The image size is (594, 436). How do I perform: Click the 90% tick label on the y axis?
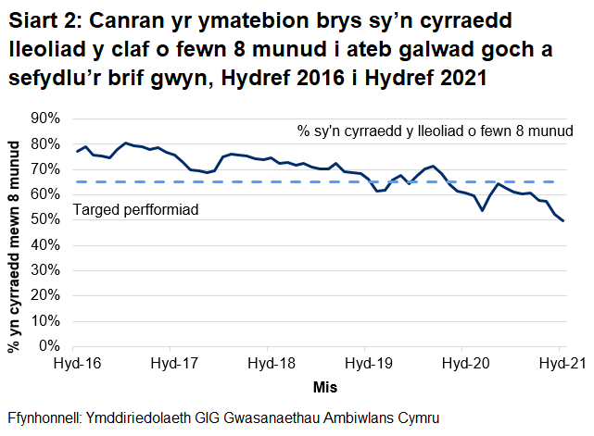pyautogui.click(x=44, y=118)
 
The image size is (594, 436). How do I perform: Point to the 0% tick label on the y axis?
pyautogui.click(x=47, y=346)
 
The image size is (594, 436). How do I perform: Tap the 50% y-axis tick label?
pyautogui.click(x=44, y=219)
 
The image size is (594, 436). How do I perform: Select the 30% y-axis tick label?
pyautogui.click(x=44, y=270)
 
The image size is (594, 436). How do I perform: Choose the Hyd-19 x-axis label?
pyautogui.click(x=366, y=363)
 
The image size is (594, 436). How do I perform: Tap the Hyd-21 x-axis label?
pyautogui.click(x=560, y=363)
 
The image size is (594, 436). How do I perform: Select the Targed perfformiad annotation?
pyautogui.click(x=136, y=210)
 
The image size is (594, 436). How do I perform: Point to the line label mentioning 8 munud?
pyautogui.click(x=436, y=131)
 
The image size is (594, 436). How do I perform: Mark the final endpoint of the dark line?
pyautogui.click(x=562, y=220)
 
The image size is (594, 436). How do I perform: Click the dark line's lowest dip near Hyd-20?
pyautogui.click(x=483, y=210)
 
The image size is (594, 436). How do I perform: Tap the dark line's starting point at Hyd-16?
pyautogui.click(x=78, y=151)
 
